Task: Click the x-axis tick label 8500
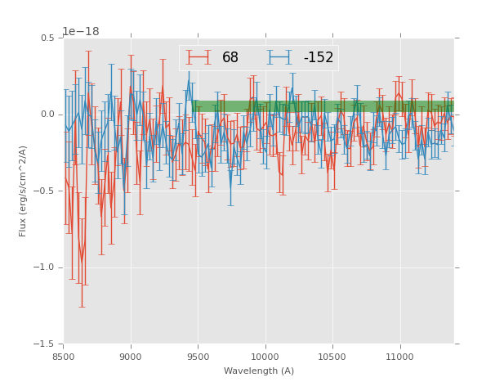pyautogui.click(x=64, y=357)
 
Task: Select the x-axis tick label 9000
pyautogui.click(x=131, y=357)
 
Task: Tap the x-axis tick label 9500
pyautogui.click(x=198, y=357)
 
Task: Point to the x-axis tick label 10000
pyautogui.click(x=265, y=357)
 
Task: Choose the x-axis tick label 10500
pyautogui.click(x=332, y=357)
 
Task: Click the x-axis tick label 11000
pyautogui.click(x=400, y=357)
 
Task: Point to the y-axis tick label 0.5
pyautogui.click(x=47, y=38)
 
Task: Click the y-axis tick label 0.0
pyautogui.click(x=47, y=115)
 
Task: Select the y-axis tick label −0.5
pyautogui.click(x=44, y=191)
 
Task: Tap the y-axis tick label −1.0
pyautogui.click(x=44, y=267)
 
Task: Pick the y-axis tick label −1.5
pyautogui.click(x=44, y=344)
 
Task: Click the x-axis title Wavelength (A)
pyautogui.click(x=258, y=371)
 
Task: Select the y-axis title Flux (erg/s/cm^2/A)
pyautogui.click(x=24, y=191)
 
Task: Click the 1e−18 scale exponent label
pyautogui.click(x=80, y=31)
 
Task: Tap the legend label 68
pyautogui.click(x=230, y=58)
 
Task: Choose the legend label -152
pyautogui.click(x=319, y=58)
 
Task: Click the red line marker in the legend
pyautogui.click(x=198, y=57)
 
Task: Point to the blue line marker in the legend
pyautogui.click(x=279, y=57)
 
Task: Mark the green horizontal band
pyautogui.click(x=327, y=106)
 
